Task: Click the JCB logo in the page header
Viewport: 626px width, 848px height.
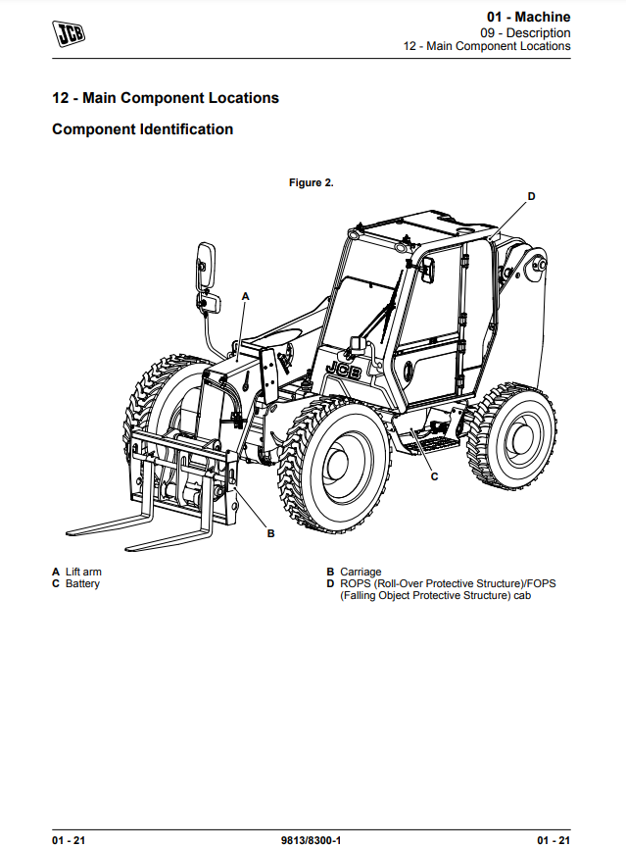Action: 70,34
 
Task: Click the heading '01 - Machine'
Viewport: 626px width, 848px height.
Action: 528,17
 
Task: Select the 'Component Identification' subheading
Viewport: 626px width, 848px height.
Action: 142,129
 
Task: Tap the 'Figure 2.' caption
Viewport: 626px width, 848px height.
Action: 312,182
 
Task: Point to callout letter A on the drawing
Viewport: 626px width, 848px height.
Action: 246,294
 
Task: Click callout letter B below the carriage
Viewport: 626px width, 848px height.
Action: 271,534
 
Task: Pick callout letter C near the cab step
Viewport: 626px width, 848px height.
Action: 434,475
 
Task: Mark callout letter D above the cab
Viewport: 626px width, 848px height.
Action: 531,196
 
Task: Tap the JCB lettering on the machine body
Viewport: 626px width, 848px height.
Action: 342,372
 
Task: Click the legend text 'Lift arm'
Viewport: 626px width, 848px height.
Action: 83,572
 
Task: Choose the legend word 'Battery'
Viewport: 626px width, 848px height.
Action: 82,584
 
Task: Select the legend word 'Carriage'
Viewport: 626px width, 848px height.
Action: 361,572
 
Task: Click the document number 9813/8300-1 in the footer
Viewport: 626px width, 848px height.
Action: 312,840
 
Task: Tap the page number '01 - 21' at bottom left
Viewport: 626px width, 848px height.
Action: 71,840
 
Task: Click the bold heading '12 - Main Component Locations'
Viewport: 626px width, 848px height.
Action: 166,98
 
